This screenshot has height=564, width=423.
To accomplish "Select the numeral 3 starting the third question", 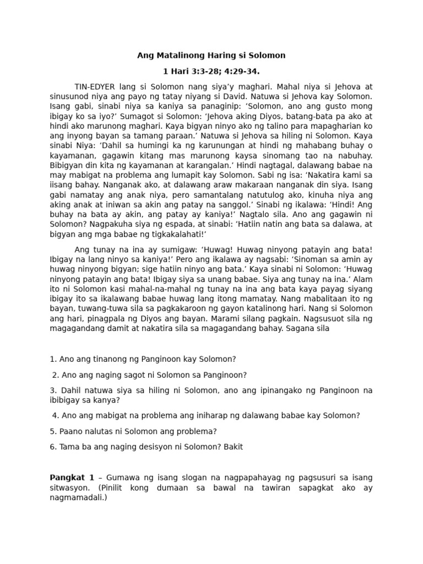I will point(52,391).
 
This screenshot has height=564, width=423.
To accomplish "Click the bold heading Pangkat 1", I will point(72,478).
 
